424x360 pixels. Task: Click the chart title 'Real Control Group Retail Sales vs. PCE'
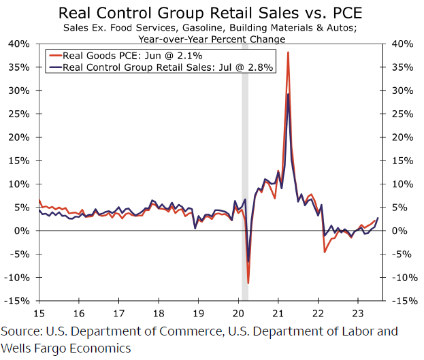211,13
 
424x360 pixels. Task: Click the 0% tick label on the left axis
22,231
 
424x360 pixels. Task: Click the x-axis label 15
39,314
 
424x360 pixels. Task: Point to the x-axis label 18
159,314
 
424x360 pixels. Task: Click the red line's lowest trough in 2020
248,282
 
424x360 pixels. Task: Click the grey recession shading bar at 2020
244,170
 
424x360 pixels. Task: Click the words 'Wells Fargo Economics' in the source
65,348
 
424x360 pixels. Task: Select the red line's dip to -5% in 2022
325,252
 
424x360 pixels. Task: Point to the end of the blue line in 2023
378,218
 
